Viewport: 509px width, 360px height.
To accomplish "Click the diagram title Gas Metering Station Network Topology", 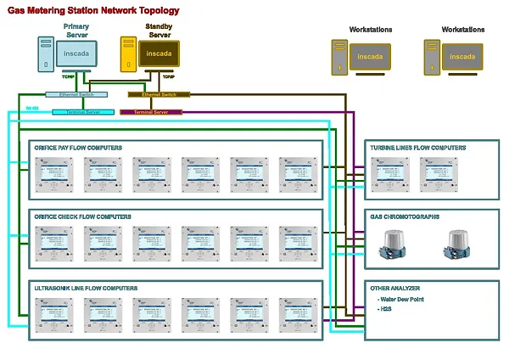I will click(93, 11).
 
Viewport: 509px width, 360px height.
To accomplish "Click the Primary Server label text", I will click(76, 31).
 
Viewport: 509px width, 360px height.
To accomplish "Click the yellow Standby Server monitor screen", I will click(158, 54).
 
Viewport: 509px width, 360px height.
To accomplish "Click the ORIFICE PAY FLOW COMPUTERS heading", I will click(78, 148).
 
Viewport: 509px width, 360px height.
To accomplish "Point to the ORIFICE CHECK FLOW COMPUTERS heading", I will click(82, 217).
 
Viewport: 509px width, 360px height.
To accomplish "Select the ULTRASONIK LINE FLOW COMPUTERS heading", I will click(85, 288).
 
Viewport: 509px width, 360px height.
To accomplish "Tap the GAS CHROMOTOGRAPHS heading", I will click(405, 217).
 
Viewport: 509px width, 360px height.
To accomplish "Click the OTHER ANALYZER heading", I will click(395, 288).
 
